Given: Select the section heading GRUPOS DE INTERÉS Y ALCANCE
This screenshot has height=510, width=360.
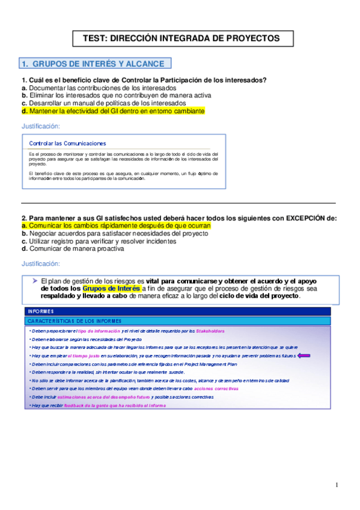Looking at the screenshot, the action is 96,64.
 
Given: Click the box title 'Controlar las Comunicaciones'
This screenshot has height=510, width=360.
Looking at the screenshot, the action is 67,143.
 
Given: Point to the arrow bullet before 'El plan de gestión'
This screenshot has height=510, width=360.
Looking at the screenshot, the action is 34,281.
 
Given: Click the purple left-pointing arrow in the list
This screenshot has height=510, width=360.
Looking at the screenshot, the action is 304,355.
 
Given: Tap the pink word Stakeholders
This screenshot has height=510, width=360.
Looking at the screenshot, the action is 209,331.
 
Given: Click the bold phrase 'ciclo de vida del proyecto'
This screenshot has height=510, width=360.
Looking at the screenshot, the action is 258,296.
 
